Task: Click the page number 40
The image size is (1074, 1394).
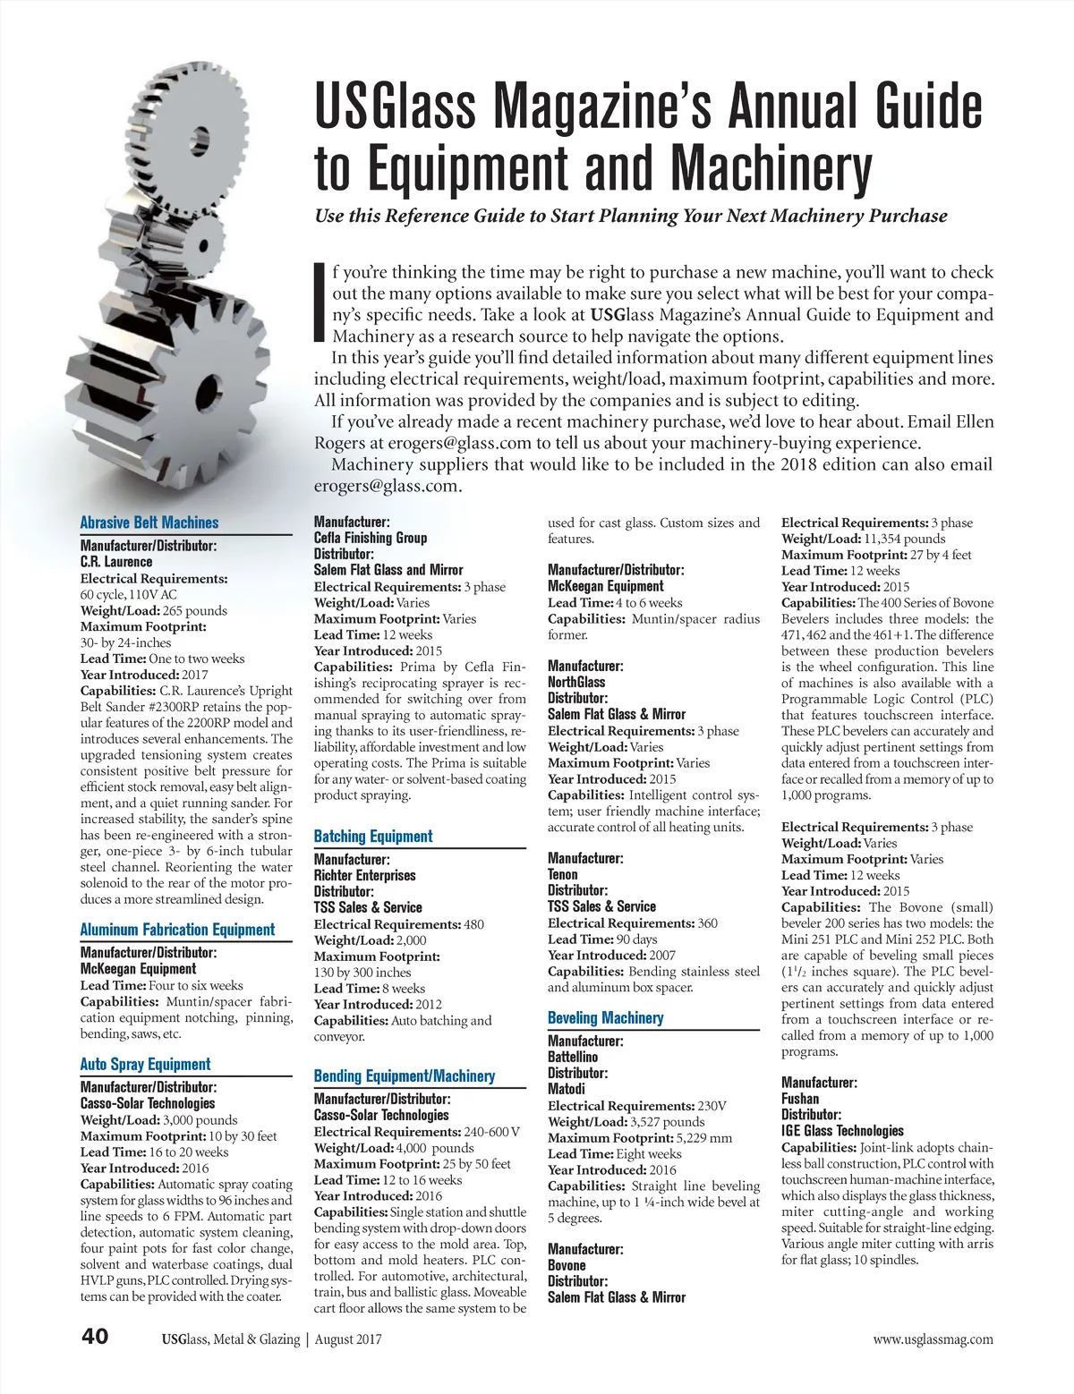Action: click(95, 1337)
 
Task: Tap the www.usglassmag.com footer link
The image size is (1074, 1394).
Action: click(933, 1339)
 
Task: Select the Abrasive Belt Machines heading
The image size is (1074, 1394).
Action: click(149, 523)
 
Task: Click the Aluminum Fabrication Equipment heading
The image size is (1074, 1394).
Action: click(177, 930)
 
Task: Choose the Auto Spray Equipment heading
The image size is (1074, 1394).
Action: click(145, 1064)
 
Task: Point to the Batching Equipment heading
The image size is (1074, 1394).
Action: click(373, 837)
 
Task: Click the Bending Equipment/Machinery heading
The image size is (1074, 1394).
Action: click(405, 1076)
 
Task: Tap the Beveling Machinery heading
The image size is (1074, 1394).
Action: click(606, 1018)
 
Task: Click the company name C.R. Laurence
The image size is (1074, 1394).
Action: click(116, 562)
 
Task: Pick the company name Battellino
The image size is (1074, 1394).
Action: click(573, 1057)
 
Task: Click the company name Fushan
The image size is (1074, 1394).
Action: click(800, 1099)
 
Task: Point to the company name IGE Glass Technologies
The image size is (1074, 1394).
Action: click(842, 1131)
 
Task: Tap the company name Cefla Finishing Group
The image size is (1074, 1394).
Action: click(371, 538)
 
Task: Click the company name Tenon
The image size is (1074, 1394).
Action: click(563, 874)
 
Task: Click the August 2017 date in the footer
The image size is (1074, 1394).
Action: click(348, 1339)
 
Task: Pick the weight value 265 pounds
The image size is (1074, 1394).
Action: click(188, 610)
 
